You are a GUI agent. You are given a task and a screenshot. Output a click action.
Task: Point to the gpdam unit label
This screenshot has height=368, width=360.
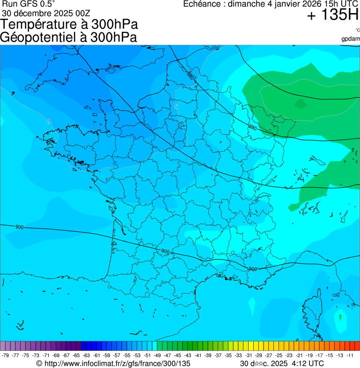[351, 38]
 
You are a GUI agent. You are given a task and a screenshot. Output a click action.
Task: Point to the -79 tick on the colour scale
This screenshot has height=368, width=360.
[6, 355]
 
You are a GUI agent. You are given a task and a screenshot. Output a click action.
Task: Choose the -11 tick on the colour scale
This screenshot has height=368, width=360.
[350, 355]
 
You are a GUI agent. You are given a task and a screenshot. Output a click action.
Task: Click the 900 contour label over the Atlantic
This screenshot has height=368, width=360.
[19, 227]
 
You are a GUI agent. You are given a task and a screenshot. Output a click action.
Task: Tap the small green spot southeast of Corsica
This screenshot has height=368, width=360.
[340, 317]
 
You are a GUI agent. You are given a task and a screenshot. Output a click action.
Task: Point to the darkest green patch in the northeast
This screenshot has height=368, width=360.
[300, 103]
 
